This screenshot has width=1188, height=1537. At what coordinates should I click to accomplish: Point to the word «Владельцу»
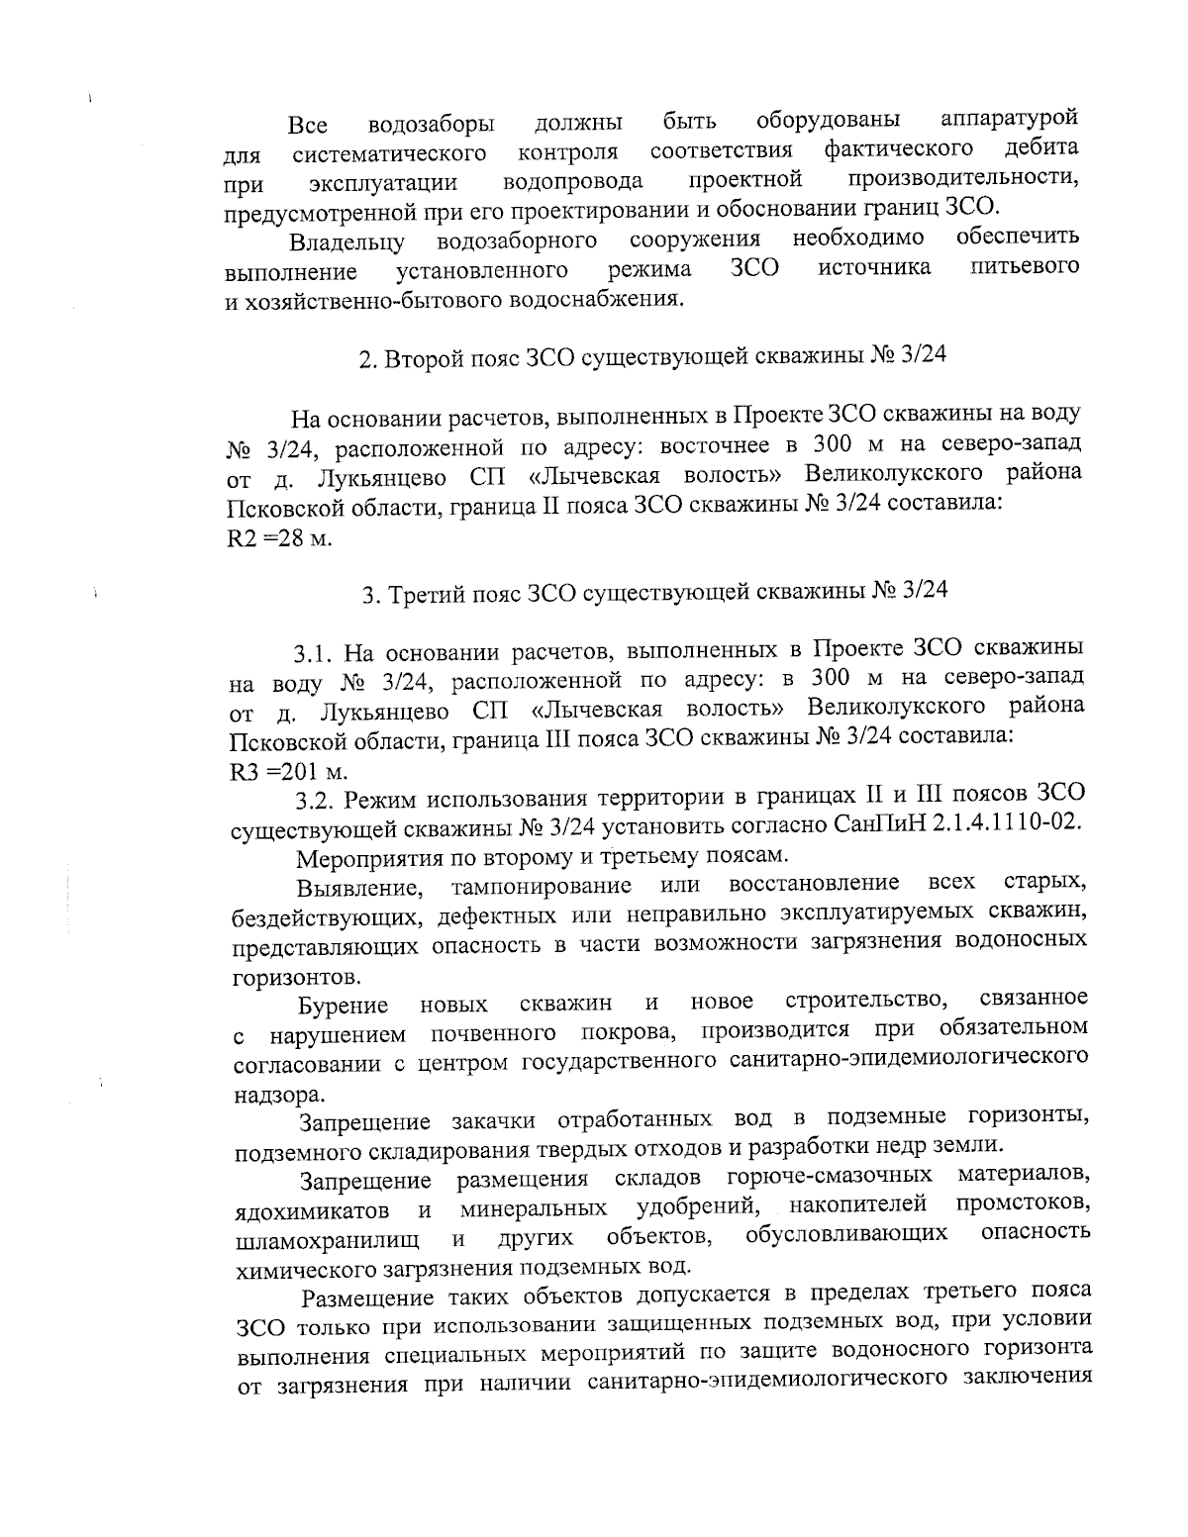[347, 242]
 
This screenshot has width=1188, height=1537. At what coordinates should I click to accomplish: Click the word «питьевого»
[1024, 269]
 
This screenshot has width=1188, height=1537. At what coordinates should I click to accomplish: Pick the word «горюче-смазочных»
[830, 1176]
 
